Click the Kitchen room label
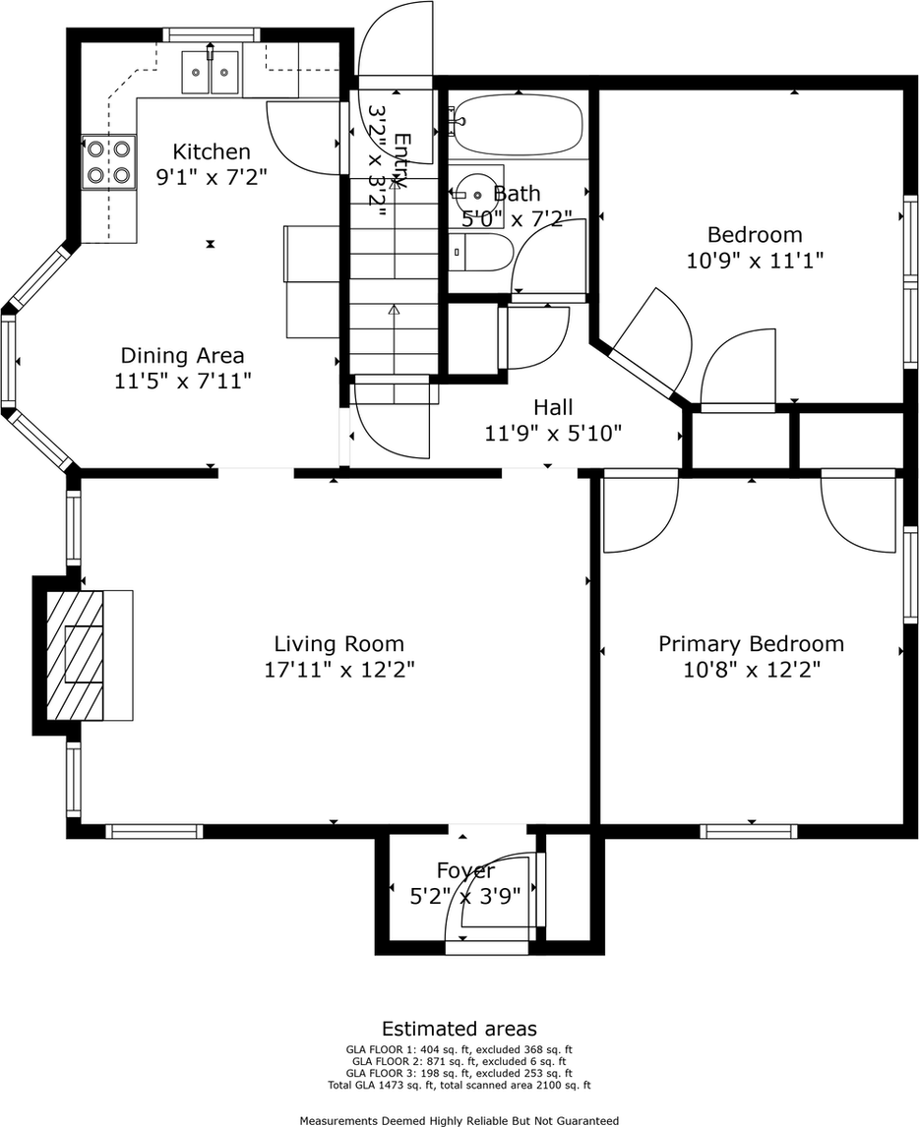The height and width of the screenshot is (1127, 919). coord(212,151)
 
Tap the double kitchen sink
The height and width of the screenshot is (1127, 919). coord(210,73)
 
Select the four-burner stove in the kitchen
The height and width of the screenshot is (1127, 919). coord(108,161)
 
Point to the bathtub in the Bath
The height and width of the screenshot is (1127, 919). coord(520,126)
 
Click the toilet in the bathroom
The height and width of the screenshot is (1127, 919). coord(482,253)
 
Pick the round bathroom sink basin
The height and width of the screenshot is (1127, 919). coord(475,194)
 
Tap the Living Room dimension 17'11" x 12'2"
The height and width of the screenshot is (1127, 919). coord(339,670)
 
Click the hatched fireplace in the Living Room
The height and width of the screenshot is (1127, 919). coord(75,654)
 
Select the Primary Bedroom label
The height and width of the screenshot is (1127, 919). coord(752,643)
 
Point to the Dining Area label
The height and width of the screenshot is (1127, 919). coord(183,355)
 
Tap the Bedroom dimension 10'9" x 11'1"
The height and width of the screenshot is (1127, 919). coord(755,260)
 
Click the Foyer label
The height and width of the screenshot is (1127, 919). coord(465,870)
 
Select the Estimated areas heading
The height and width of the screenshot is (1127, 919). coord(459,1029)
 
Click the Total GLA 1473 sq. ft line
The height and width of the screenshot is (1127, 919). coord(459,1085)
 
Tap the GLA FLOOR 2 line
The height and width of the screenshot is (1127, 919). coord(459,1061)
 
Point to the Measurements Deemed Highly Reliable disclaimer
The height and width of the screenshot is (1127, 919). coord(459,1120)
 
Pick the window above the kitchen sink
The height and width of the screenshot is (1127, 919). coord(210,34)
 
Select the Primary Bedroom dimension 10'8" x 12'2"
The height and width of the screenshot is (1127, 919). coord(752,670)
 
